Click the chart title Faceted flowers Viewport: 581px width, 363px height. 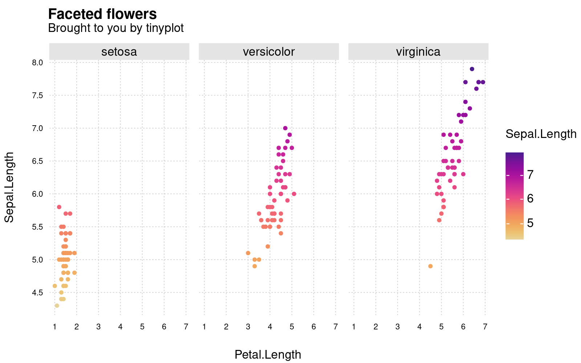[x=102, y=14]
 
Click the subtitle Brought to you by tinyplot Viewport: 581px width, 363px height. [x=116, y=28]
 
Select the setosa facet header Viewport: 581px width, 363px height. [x=119, y=52]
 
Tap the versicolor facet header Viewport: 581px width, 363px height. [x=269, y=52]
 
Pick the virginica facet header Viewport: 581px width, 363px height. [x=418, y=52]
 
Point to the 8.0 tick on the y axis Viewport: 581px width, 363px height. [x=38, y=62]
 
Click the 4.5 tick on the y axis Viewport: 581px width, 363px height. [x=38, y=293]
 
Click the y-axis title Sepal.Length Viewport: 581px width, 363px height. [x=9, y=187]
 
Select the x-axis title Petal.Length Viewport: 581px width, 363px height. [x=268, y=355]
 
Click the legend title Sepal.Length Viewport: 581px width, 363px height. [x=541, y=134]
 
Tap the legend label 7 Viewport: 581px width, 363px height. [x=530, y=175]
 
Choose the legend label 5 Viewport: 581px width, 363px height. [x=530, y=223]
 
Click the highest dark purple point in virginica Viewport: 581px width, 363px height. [x=472, y=69]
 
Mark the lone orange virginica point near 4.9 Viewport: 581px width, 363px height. [x=430, y=266]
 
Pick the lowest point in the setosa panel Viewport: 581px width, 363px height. [x=57, y=306]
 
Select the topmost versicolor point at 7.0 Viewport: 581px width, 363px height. [x=285, y=128]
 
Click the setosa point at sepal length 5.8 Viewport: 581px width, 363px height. [x=59, y=207]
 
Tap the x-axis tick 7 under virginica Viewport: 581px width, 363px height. [x=485, y=327]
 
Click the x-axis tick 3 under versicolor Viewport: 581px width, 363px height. [x=248, y=327]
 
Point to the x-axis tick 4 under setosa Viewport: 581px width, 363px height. [x=120, y=327]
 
